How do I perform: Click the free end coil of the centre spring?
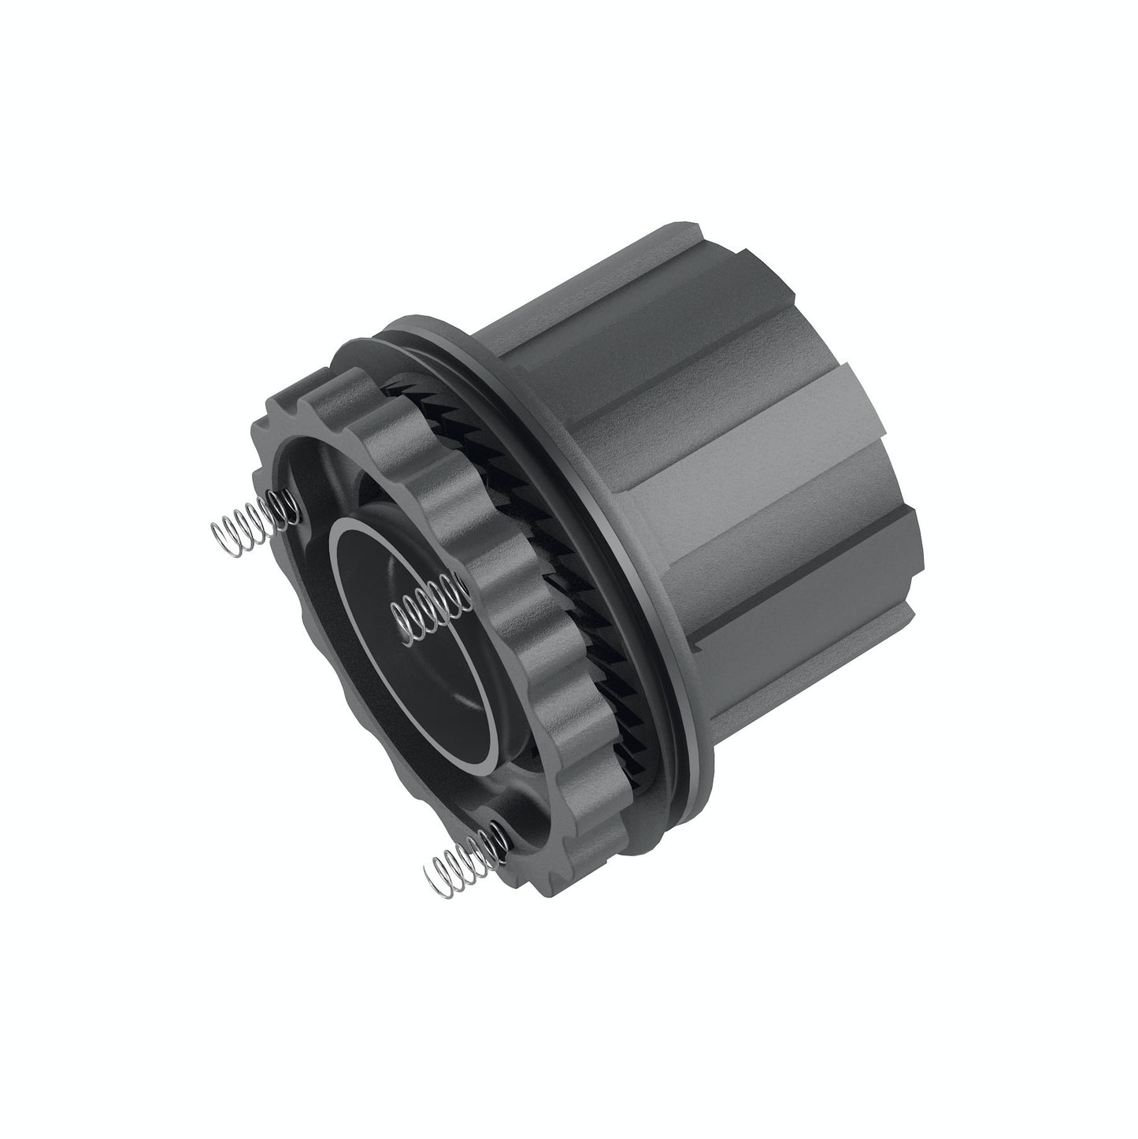pyautogui.click(x=398, y=610)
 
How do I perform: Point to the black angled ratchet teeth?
pyautogui.click(x=567, y=614)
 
